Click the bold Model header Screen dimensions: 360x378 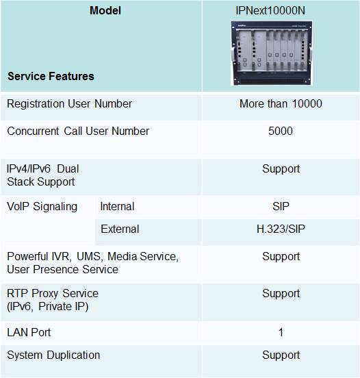(x=105, y=10)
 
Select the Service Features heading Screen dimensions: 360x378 (x=51, y=76)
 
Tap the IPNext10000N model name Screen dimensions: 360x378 (x=270, y=10)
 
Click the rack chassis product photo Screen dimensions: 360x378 (x=271, y=53)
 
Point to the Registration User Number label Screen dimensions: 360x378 (x=69, y=104)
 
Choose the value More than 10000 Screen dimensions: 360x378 (x=281, y=103)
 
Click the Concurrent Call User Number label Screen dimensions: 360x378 (x=78, y=131)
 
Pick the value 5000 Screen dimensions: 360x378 (x=281, y=131)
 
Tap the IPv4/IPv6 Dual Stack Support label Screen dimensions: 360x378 (x=43, y=175)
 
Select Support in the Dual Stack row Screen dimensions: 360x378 (x=281, y=169)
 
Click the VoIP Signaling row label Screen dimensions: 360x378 (x=42, y=207)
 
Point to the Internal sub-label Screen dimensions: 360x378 (x=117, y=207)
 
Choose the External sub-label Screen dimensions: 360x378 (x=120, y=229)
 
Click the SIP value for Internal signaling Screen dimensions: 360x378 (x=281, y=207)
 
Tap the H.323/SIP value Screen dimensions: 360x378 (x=281, y=229)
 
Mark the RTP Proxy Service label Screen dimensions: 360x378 (x=53, y=300)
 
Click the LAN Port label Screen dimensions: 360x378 (x=29, y=332)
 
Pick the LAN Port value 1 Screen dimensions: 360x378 (x=281, y=333)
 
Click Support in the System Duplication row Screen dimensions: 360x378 (x=281, y=355)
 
